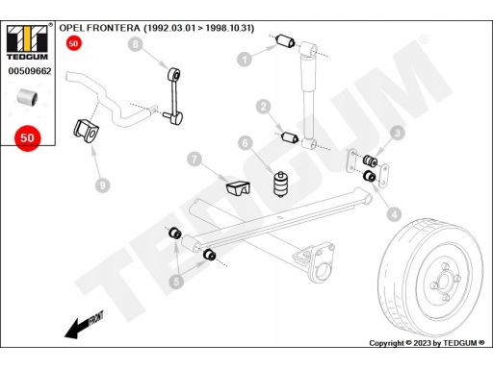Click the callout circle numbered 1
[245, 60]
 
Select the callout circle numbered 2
[264, 107]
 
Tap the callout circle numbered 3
[398, 133]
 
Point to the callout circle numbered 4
[394, 214]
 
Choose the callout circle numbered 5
[176, 282]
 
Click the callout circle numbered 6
[246, 143]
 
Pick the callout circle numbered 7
[195, 159]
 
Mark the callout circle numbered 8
[135, 44]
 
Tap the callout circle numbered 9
[103, 185]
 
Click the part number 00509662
[30, 71]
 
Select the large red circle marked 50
[28, 138]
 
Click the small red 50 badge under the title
[73, 43]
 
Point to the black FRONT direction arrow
[84, 325]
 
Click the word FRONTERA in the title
[114, 28]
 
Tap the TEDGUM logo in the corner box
[27, 41]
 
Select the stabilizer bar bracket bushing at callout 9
[87, 132]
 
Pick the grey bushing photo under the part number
[27, 97]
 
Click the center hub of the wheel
[444, 283]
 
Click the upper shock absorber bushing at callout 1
[285, 41]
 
